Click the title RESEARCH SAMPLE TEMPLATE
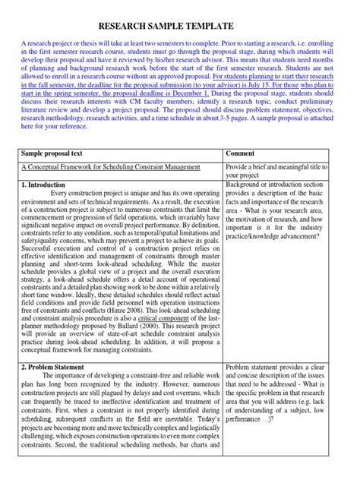click(180, 27)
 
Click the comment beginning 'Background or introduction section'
click(281, 185)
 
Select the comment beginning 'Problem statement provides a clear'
click(282, 367)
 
